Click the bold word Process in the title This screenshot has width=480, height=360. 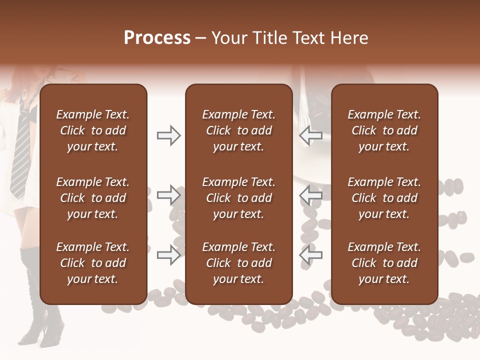(x=157, y=38)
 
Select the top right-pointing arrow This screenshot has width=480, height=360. (x=168, y=135)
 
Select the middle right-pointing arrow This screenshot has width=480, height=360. (x=168, y=195)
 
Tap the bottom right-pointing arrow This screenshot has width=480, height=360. (x=168, y=254)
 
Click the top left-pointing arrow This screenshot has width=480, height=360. (x=310, y=135)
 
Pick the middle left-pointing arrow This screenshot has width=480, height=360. (x=310, y=195)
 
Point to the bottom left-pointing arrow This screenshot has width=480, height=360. (x=310, y=254)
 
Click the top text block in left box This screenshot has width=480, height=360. (x=93, y=130)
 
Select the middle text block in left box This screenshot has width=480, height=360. (x=93, y=198)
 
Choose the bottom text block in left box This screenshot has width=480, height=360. (x=93, y=263)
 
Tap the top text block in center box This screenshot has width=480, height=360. (x=238, y=130)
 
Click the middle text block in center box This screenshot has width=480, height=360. (x=238, y=198)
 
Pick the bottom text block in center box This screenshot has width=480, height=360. (x=238, y=263)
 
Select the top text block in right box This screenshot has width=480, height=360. (x=384, y=130)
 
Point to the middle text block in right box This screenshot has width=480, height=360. (x=384, y=198)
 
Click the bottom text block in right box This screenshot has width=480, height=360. (x=384, y=263)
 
